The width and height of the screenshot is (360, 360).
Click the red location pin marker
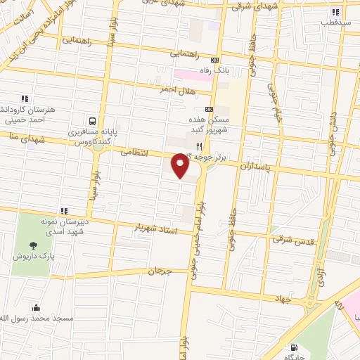(180, 167)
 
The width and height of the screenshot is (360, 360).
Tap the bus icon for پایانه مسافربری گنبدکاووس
(93, 120)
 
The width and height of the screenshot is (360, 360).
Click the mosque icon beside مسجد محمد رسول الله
(36, 307)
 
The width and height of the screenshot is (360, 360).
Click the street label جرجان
(160, 270)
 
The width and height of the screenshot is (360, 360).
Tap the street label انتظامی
(134, 151)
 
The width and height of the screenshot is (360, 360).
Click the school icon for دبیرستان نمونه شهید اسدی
(64, 211)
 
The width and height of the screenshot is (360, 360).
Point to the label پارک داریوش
(33, 256)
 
